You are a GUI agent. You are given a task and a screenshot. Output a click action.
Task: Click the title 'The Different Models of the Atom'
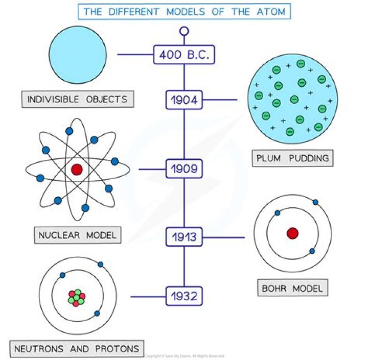pos(183,11)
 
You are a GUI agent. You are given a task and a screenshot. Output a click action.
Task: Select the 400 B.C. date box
pos(184,54)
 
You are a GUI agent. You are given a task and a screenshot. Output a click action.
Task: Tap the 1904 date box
pos(184,100)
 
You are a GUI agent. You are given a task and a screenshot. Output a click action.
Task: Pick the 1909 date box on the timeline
pos(184,169)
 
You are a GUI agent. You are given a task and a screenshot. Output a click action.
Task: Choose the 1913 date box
pos(184,237)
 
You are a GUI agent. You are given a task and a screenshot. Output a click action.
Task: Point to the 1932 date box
pos(184,296)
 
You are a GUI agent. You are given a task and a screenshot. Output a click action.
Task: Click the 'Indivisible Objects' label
pos(78,99)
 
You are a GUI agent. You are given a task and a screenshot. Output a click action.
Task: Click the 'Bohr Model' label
pos(292,288)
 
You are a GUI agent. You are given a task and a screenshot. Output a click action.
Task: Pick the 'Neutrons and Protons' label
pos(77,349)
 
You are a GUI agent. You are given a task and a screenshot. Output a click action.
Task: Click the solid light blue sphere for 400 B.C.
pos(78,54)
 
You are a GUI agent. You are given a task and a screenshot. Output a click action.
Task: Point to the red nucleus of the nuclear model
pos(77,170)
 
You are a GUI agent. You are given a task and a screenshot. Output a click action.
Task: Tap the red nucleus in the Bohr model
pos(292,233)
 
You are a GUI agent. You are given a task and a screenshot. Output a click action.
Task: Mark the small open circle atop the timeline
pos(184,32)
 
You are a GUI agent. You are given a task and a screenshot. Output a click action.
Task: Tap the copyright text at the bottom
pos(185,355)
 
